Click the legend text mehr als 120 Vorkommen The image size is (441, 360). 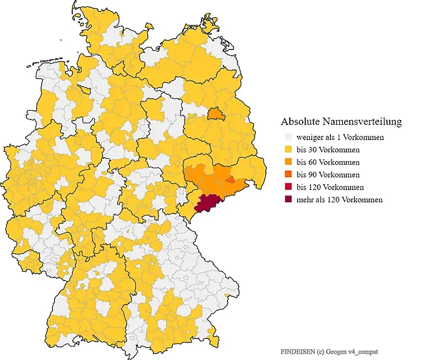(x=339, y=199)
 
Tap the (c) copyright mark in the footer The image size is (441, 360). (x=320, y=351)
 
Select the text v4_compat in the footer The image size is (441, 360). (x=363, y=351)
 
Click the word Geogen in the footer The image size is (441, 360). (x=336, y=351)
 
